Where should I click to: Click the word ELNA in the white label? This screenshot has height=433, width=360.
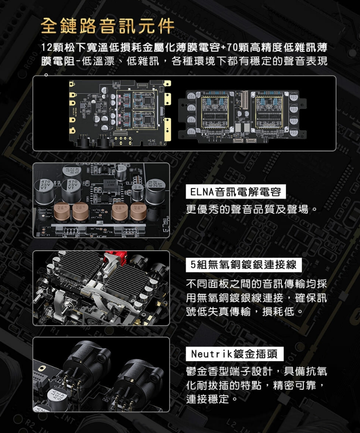[201, 192]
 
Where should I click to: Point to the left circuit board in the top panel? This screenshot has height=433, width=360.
[119, 113]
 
